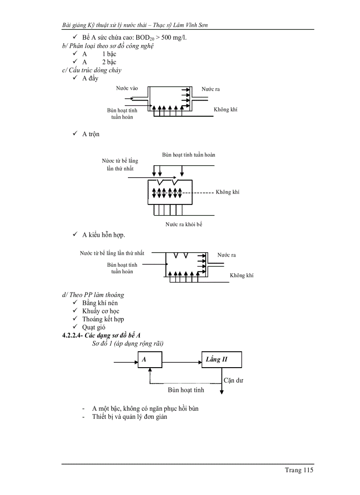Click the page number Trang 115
pyautogui.click(x=299, y=470)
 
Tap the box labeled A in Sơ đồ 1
pyautogui.click(x=150, y=360)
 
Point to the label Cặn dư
pyautogui.click(x=233, y=380)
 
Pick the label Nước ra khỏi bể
pyautogui.click(x=184, y=224)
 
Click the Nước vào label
pyautogui.click(x=127, y=89)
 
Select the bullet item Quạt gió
pyautogui.click(x=94, y=327)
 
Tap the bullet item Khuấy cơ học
pyautogui.click(x=101, y=311)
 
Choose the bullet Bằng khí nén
pyautogui.click(x=100, y=303)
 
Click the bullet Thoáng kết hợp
pyautogui.click(x=103, y=319)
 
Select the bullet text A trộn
pyautogui.click(x=90, y=134)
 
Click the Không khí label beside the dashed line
pyautogui.click(x=228, y=192)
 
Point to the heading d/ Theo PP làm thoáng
pyautogui.click(x=93, y=295)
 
